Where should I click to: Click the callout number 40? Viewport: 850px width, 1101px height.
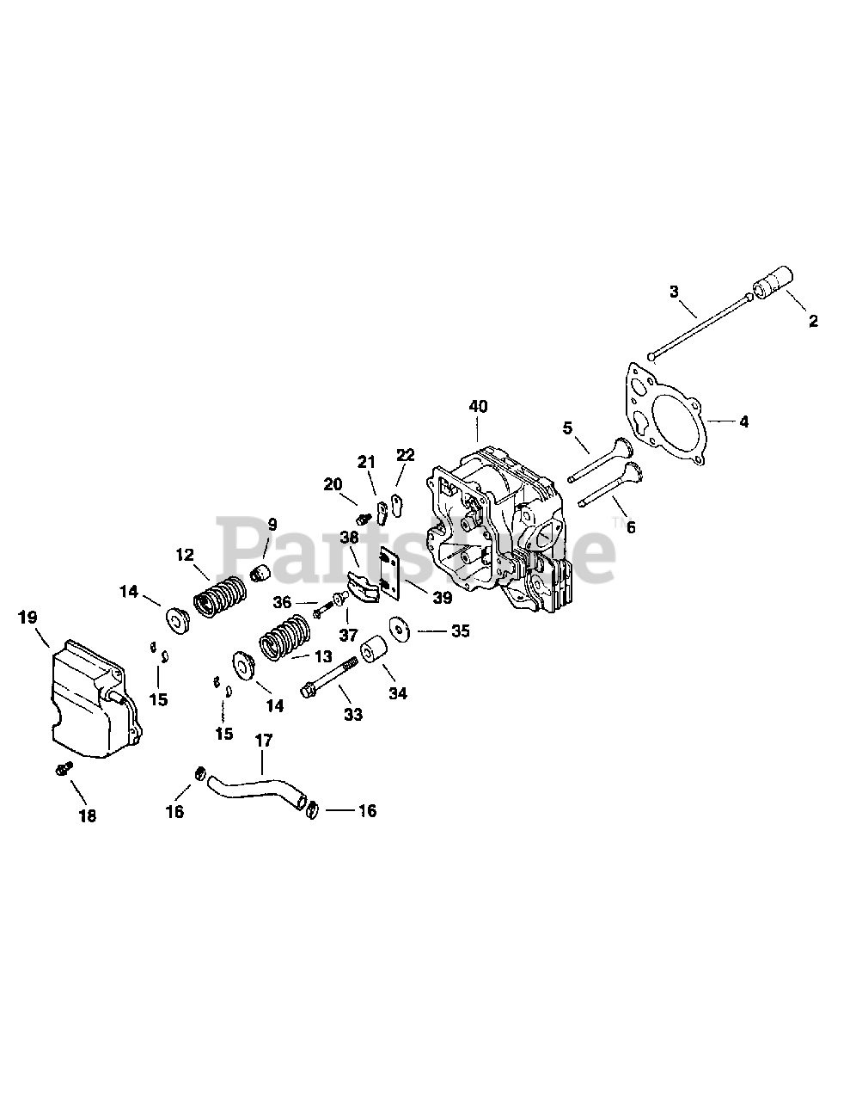(478, 405)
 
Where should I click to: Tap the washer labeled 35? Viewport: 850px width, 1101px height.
(399, 630)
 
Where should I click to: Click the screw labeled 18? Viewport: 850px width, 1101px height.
(63, 767)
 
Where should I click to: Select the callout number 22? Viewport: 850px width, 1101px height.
(406, 455)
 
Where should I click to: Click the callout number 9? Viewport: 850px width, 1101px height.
(272, 524)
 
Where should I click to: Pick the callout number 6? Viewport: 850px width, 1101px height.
(631, 526)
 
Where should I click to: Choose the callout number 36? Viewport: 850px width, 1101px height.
(283, 601)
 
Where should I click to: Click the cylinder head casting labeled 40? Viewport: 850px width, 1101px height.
(494, 533)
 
